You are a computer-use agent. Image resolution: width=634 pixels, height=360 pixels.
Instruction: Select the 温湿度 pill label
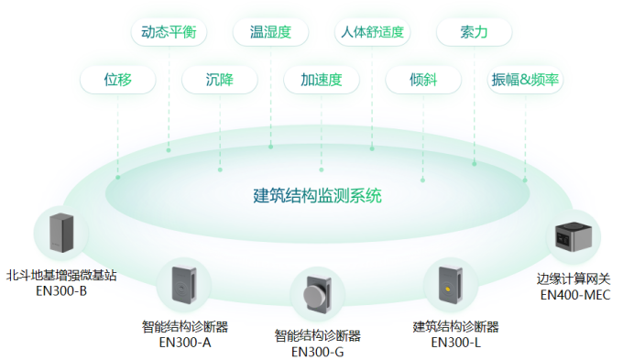click(270, 32)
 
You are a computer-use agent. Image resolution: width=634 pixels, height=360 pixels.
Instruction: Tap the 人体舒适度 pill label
click(372, 32)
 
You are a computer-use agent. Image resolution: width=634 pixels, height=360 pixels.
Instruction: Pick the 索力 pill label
click(474, 32)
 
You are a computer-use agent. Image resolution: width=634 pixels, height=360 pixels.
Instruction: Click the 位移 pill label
click(117, 80)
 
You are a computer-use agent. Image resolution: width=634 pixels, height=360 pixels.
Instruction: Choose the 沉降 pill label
click(220, 80)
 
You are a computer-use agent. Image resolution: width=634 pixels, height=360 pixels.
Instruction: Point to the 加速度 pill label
click(321, 80)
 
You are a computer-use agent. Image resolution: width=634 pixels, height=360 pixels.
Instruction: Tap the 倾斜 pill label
click(423, 80)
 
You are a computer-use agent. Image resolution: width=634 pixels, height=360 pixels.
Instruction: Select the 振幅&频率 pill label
click(526, 80)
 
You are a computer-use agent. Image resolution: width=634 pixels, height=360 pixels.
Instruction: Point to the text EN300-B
click(61, 292)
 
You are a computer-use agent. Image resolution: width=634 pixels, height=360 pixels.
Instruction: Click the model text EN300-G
click(317, 350)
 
